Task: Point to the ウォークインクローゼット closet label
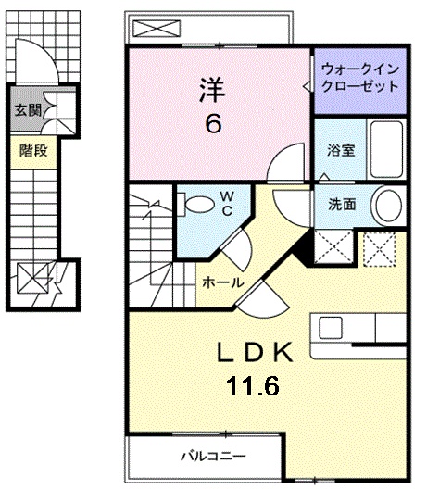coord(359,77)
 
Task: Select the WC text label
coord(227,201)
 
